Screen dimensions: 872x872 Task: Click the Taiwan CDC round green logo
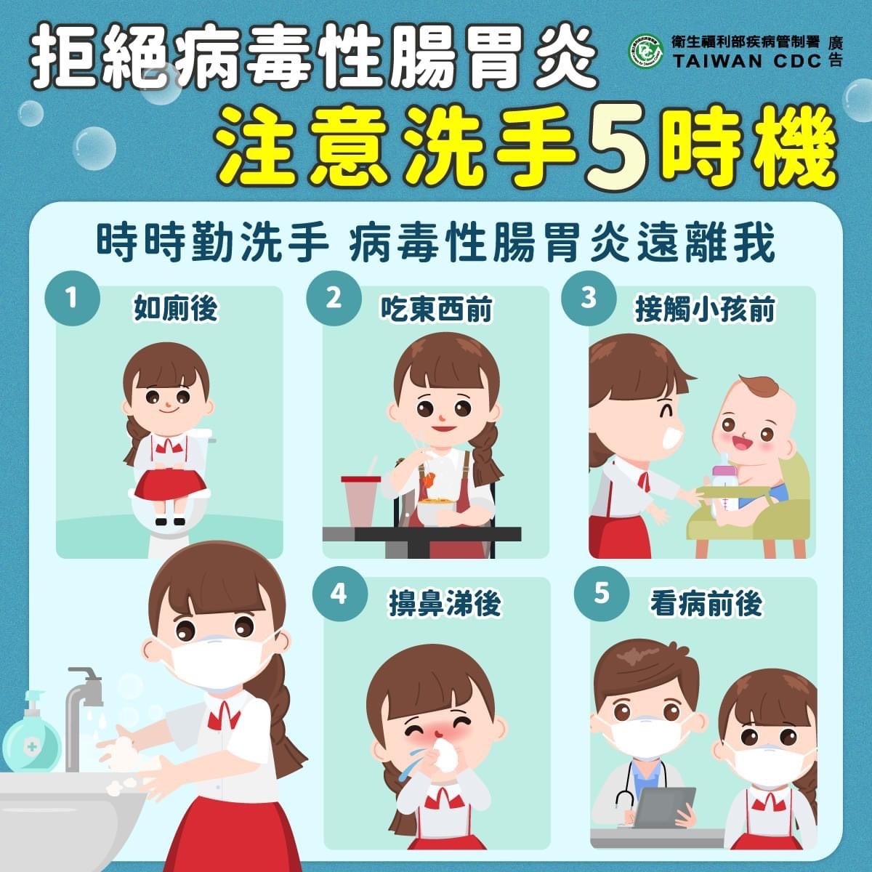pos(646,52)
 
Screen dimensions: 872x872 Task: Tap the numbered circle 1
pos(73,298)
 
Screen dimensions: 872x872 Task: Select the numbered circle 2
pos(334,298)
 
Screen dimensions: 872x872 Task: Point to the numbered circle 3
pos(589,298)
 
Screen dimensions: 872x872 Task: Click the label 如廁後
pos(176,309)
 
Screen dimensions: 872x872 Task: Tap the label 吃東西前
pos(437,310)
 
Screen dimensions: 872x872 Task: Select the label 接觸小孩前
pos(706,310)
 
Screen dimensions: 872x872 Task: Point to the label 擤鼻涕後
pos(445,604)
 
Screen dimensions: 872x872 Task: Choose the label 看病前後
pos(706,604)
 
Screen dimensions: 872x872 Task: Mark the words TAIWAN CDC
pos(747,62)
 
